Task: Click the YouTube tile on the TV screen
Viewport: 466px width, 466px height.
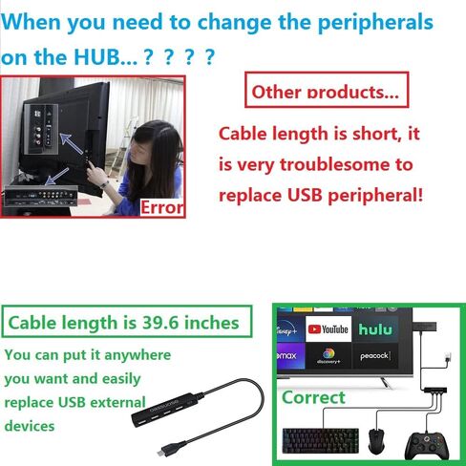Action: (328, 328)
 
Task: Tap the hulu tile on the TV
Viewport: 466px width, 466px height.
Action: (375, 328)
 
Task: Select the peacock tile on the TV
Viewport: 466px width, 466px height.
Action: (375, 356)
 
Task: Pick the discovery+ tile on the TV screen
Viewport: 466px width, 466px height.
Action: (328, 356)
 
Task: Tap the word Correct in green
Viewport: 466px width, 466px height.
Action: (313, 397)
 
